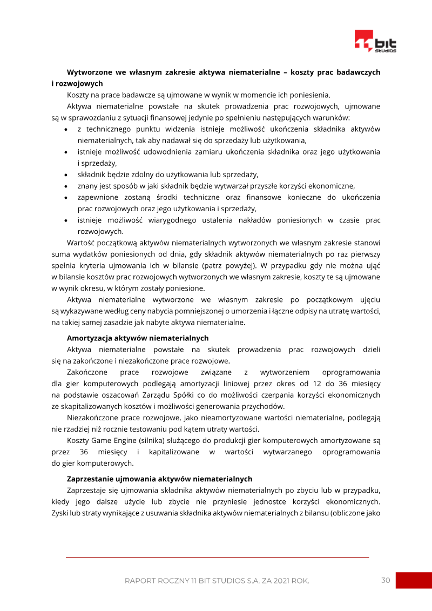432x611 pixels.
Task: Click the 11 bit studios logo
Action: click(x=375, y=42)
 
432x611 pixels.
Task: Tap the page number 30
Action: click(x=386, y=580)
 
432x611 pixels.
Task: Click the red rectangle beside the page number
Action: click(x=414, y=580)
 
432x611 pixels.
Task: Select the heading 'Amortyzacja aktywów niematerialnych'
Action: click(x=137, y=338)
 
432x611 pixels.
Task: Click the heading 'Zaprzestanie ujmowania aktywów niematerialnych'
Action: click(x=159, y=479)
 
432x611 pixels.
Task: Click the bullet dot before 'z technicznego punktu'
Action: click(x=65, y=130)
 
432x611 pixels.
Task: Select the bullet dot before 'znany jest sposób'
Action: click(x=65, y=186)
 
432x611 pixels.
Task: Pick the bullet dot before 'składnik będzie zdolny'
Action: click(x=65, y=174)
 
